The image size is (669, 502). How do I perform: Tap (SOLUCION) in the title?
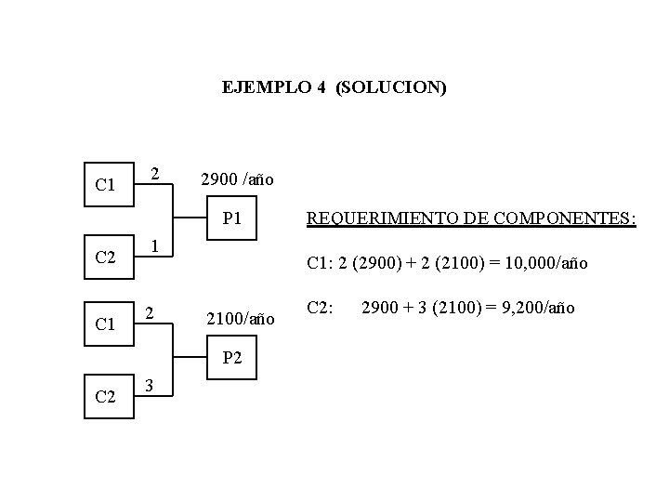[392, 88]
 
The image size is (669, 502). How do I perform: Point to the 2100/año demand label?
[241, 320]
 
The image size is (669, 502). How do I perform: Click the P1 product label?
[232, 219]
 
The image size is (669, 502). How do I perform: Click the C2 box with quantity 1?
[106, 257]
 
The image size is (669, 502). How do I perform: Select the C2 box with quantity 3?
[106, 399]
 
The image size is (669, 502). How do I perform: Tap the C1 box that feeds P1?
[106, 185]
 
